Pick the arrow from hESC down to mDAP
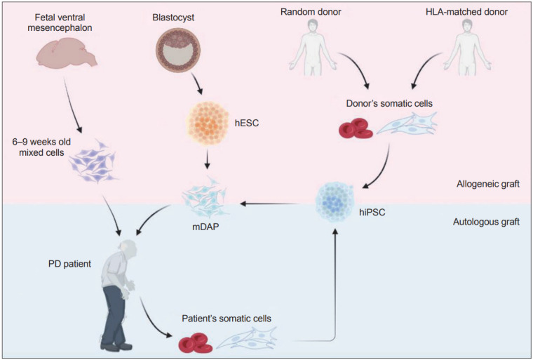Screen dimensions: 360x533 208,163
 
